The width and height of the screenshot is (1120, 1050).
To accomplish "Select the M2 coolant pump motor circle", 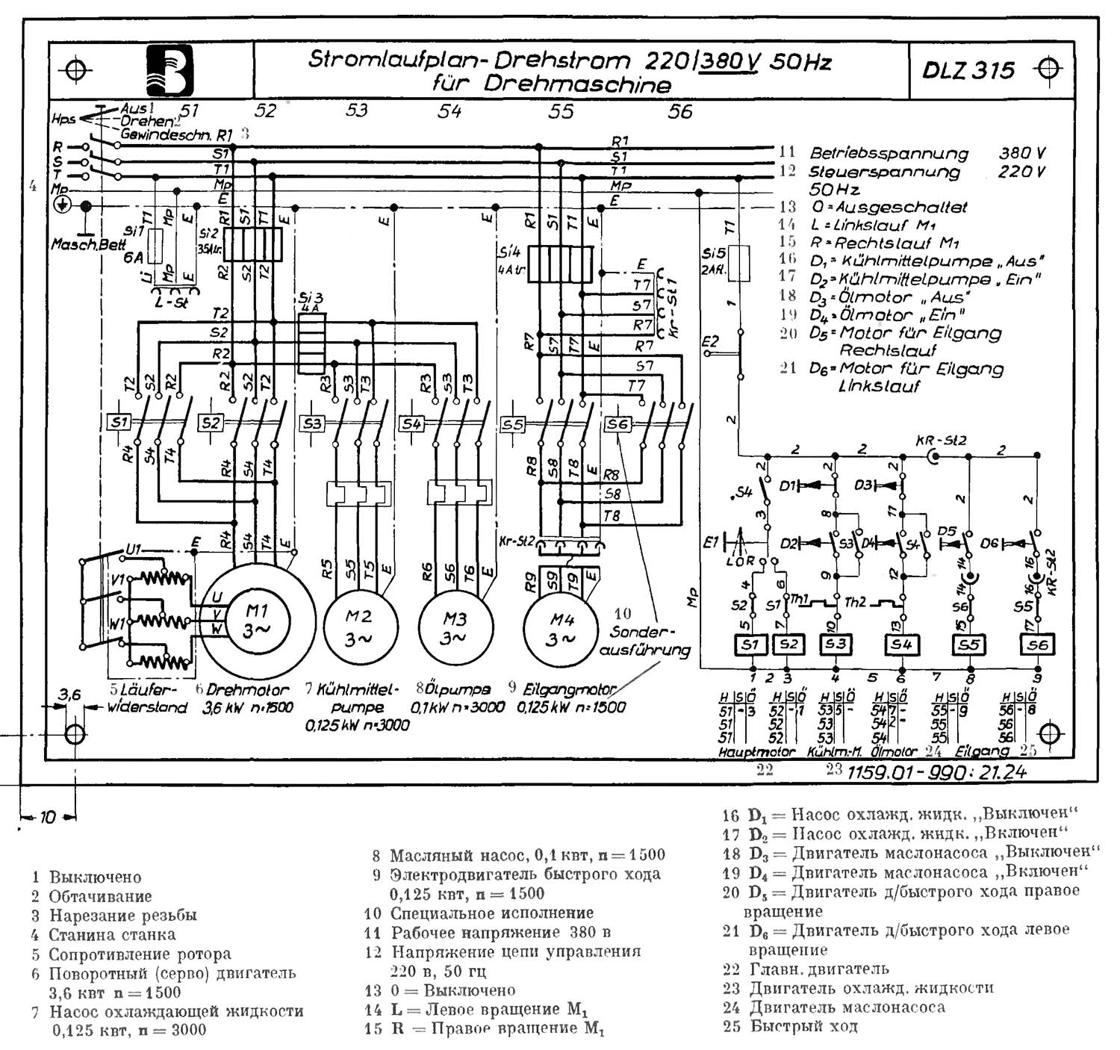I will click(358, 627).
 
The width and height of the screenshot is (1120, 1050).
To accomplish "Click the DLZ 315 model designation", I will click(968, 70).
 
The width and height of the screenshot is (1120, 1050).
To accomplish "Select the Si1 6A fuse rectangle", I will click(155, 246).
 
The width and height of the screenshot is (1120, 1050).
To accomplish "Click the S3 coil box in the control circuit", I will click(836, 644).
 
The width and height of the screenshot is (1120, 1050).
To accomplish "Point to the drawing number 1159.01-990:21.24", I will click(936, 772).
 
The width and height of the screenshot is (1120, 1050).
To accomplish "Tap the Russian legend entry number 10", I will click(488, 913).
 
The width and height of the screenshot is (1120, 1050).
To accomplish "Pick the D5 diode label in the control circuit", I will click(947, 531).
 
